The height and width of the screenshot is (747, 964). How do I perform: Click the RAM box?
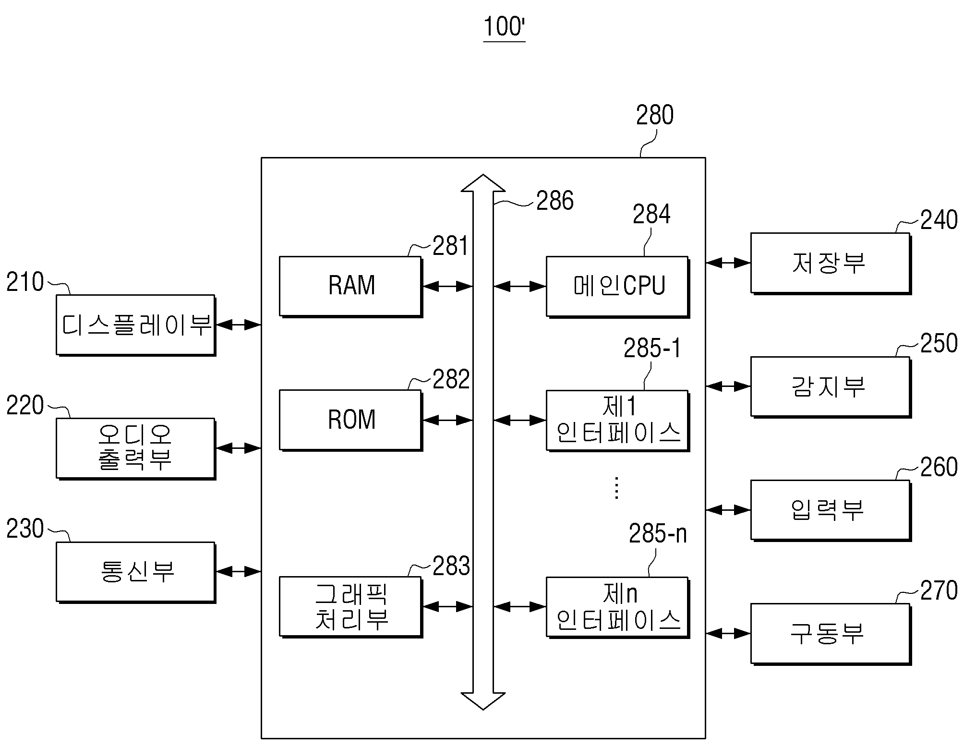coord(350,287)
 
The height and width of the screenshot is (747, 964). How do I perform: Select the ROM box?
coord(350,420)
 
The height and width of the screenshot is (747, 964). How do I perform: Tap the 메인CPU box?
coord(618,287)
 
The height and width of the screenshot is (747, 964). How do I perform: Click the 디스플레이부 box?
coord(136,325)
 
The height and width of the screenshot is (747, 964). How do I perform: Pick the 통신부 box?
coord(136,572)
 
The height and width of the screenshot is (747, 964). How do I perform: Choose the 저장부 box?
coord(831,263)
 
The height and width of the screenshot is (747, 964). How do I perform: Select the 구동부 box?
coord(831,634)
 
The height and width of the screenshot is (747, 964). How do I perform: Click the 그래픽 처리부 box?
coord(350,607)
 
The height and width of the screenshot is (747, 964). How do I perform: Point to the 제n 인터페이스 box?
coord(618,607)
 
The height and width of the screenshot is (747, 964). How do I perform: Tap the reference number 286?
coord(555,201)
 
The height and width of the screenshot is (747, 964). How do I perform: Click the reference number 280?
coord(655,115)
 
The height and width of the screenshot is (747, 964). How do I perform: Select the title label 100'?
coord(504,27)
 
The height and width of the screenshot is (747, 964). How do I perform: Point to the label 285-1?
coord(652,348)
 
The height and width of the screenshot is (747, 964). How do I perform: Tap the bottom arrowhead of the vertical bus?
coord(483,701)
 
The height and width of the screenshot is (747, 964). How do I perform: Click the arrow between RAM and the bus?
coord(448,287)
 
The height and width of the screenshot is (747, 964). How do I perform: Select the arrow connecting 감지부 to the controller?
coord(728,386)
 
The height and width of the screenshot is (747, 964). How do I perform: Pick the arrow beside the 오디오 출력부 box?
coord(239,448)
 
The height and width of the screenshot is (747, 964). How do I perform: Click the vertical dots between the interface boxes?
coord(617,488)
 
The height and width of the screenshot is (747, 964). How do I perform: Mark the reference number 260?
coord(939,467)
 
